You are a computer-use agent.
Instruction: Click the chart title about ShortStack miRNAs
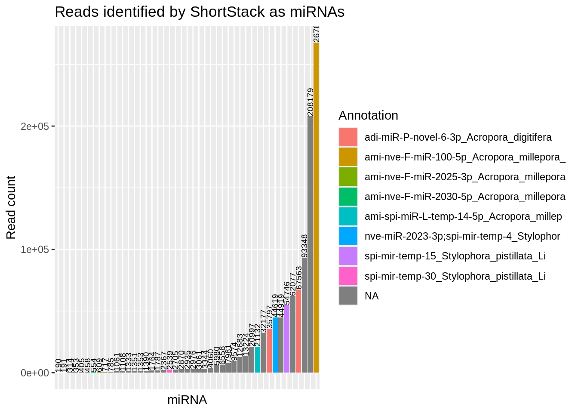[200, 12]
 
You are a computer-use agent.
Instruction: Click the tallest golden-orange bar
[316, 206]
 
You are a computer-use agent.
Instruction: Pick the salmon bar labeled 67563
[298, 331]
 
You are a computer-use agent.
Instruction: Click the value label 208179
[310, 102]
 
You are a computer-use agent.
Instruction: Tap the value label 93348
[304, 245]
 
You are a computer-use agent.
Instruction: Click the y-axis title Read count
[11, 207]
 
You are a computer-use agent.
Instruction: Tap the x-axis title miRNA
[187, 400]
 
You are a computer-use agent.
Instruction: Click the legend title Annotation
[368, 115]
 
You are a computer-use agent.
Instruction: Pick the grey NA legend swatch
[348, 296]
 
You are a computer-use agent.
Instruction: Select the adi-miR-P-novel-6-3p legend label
[458, 138]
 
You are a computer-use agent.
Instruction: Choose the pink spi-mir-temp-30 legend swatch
[348, 276]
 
